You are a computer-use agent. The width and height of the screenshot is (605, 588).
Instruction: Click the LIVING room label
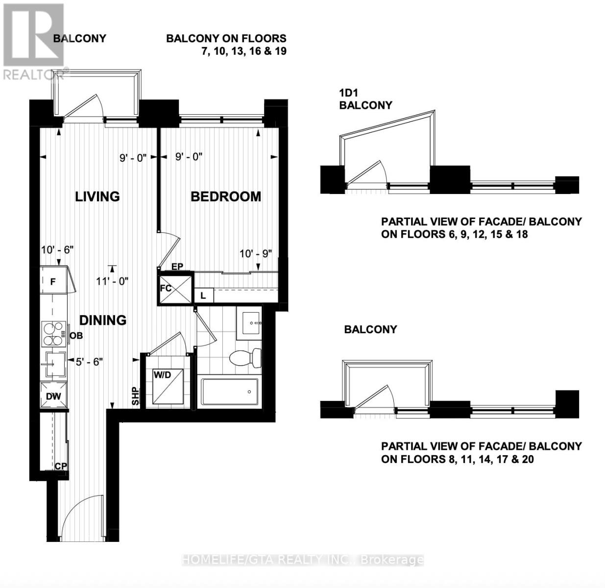point(97,196)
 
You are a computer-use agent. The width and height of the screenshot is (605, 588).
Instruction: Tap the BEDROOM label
point(226,196)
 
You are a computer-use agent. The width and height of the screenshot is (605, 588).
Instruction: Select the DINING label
point(103,320)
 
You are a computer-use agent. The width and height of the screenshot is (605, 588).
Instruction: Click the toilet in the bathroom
point(245,357)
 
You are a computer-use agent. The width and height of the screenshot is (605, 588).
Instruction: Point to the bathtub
point(229,392)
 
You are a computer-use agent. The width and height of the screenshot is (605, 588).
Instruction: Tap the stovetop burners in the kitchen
point(53,334)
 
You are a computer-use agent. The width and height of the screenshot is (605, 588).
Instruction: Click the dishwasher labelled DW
point(53,394)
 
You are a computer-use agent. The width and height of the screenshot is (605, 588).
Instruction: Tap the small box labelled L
point(204,295)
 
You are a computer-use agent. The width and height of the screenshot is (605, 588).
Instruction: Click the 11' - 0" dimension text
point(112,281)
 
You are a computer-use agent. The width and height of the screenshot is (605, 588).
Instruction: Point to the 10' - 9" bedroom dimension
point(256,254)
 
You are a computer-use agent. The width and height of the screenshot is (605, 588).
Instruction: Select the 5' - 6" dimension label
point(89,362)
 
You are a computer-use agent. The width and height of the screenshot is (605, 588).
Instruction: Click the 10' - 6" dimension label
point(57,249)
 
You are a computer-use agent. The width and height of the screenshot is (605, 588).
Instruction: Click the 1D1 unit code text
point(348,93)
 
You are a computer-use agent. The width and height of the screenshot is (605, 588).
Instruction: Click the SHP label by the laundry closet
point(135,396)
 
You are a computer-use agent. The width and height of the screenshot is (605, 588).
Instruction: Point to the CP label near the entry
point(61,466)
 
